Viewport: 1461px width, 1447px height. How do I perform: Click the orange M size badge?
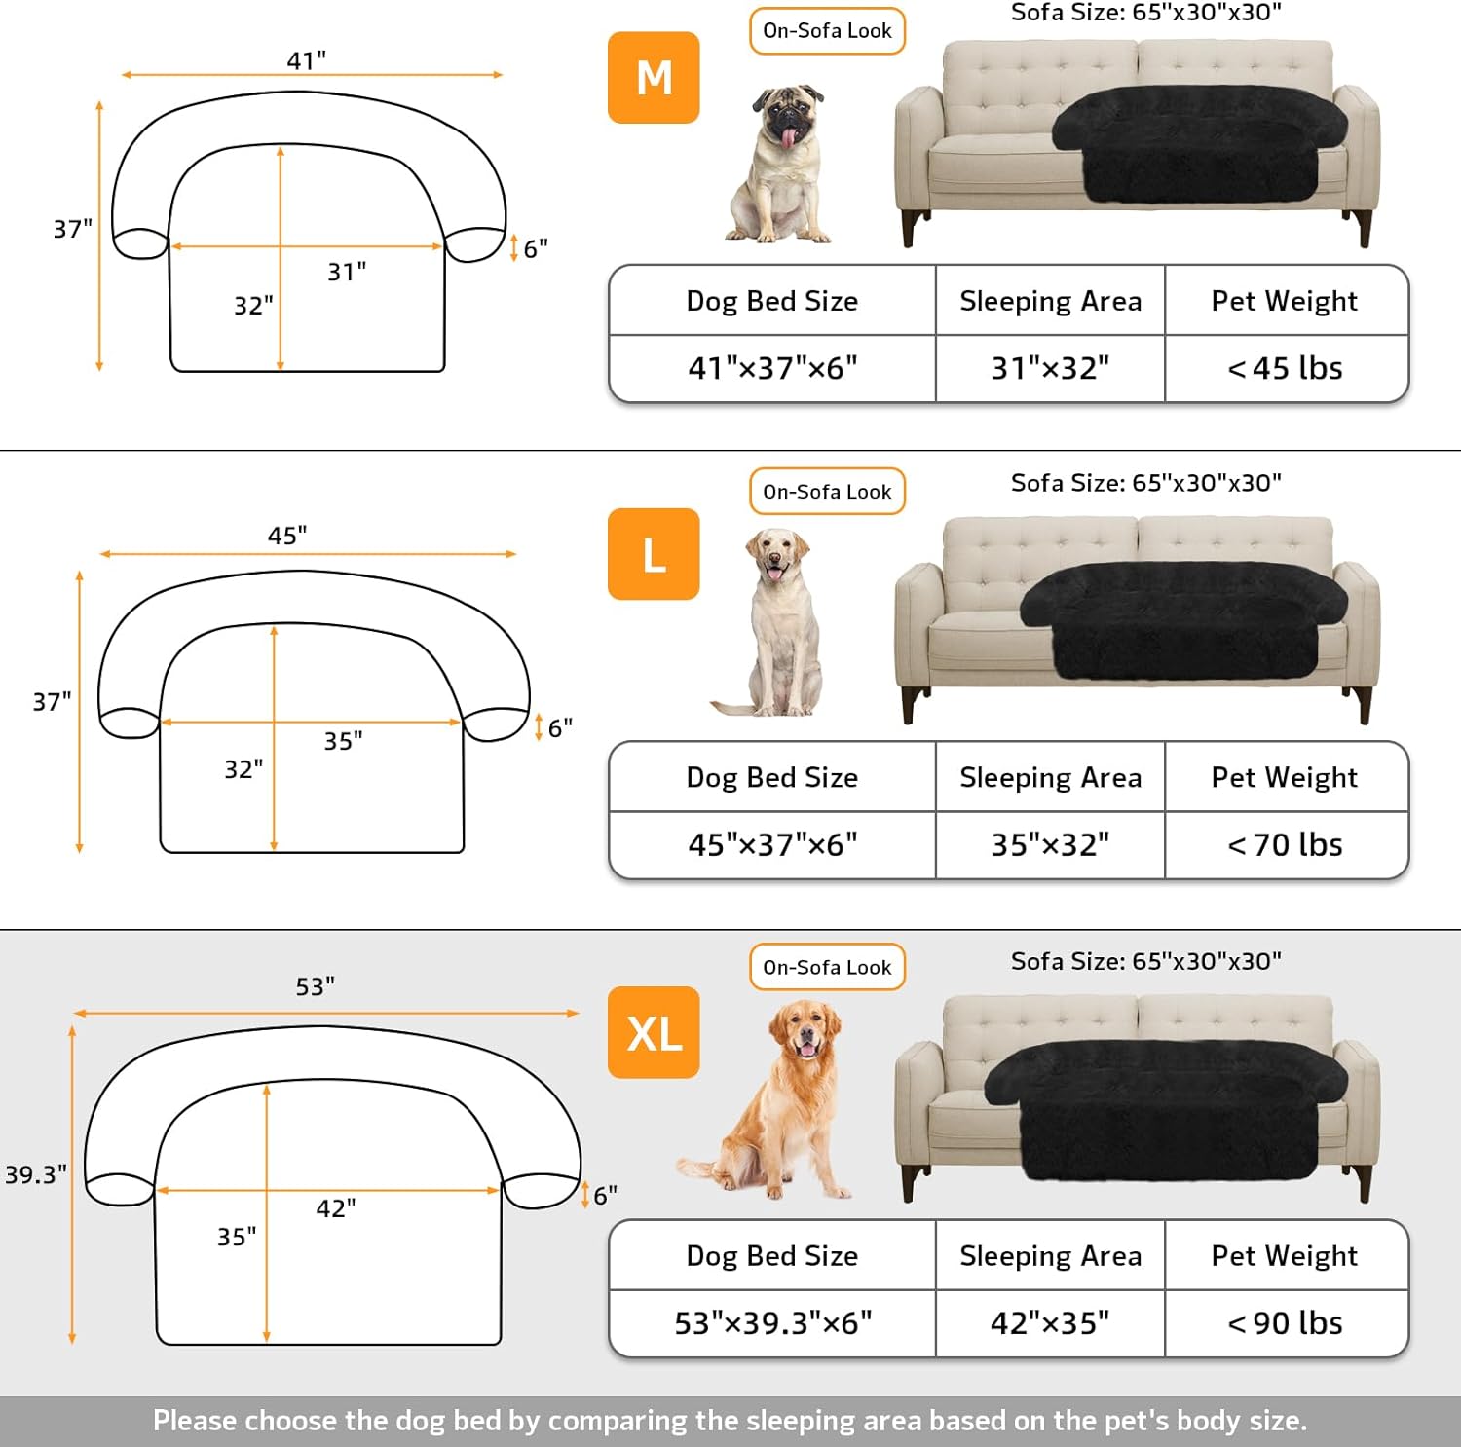click(654, 78)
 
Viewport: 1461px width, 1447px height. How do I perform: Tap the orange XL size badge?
click(654, 1032)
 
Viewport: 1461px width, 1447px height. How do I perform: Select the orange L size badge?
click(654, 554)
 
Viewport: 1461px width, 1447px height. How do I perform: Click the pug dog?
click(779, 164)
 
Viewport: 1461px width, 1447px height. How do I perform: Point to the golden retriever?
click(766, 1100)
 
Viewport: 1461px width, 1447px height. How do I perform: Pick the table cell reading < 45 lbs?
click(1286, 368)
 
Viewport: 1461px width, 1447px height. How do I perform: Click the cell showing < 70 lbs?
click(1286, 844)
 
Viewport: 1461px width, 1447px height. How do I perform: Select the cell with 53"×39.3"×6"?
click(772, 1322)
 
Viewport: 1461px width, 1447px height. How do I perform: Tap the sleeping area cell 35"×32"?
click(1050, 844)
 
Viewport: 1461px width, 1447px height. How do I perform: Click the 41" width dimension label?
click(307, 60)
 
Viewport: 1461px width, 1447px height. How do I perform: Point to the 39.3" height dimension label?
click(36, 1174)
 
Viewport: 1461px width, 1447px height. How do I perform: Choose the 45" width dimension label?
click(287, 536)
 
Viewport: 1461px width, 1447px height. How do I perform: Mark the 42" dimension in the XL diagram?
click(336, 1208)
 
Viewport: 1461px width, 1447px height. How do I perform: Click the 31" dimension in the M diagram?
click(347, 272)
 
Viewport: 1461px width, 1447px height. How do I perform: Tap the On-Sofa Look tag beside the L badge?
click(827, 492)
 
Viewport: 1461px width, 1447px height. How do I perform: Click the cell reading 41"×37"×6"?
click(772, 368)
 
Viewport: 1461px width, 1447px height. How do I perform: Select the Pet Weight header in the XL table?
click(1285, 1256)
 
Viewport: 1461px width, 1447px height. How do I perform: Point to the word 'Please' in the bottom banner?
click(195, 1421)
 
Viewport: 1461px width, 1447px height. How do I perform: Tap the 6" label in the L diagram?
click(560, 728)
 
